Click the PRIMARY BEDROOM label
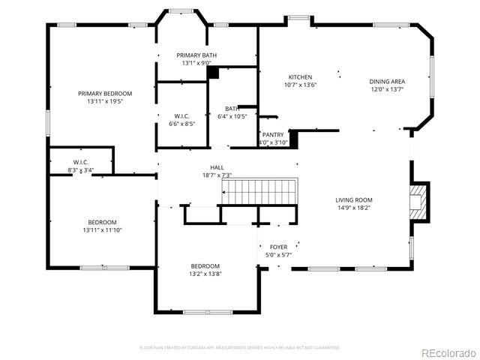tap(104, 93)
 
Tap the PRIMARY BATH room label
tap(196, 55)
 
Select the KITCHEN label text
tap(301, 77)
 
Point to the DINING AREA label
tap(386, 81)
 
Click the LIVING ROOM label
tap(353, 199)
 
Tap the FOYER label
tap(278, 247)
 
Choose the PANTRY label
tap(273, 134)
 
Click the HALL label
tap(217, 167)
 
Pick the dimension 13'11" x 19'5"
tap(104, 100)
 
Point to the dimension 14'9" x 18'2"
tap(353, 208)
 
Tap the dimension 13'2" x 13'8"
tap(205, 274)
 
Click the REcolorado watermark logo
tap(448, 352)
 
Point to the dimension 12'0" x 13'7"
tap(386, 89)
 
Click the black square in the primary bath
tap(213, 73)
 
